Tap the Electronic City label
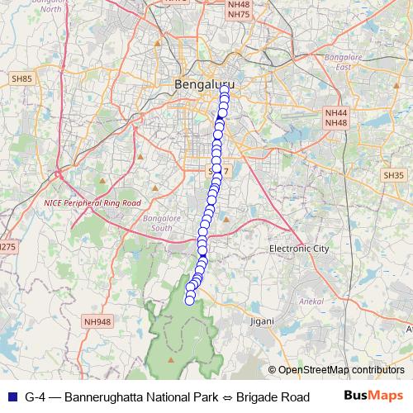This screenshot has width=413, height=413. (x=299, y=248)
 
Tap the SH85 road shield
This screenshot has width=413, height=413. (x=21, y=78)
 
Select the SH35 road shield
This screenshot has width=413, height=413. (x=393, y=175)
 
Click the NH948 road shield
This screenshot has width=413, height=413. (x=97, y=322)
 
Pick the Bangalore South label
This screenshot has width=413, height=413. (x=158, y=222)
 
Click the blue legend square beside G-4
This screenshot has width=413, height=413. (x=10, y=397)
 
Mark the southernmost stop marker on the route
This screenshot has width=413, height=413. (x=189, y=300)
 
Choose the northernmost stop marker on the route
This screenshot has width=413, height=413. (x=223, y=92)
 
